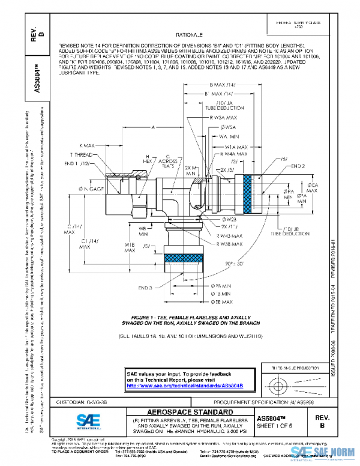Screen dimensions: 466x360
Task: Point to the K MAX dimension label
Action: coord(88,146)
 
